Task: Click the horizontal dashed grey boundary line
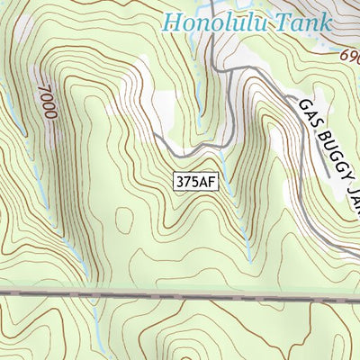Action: coord(180,294)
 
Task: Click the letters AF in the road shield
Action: coord(208,181)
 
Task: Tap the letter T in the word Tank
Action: coord(284,22)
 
